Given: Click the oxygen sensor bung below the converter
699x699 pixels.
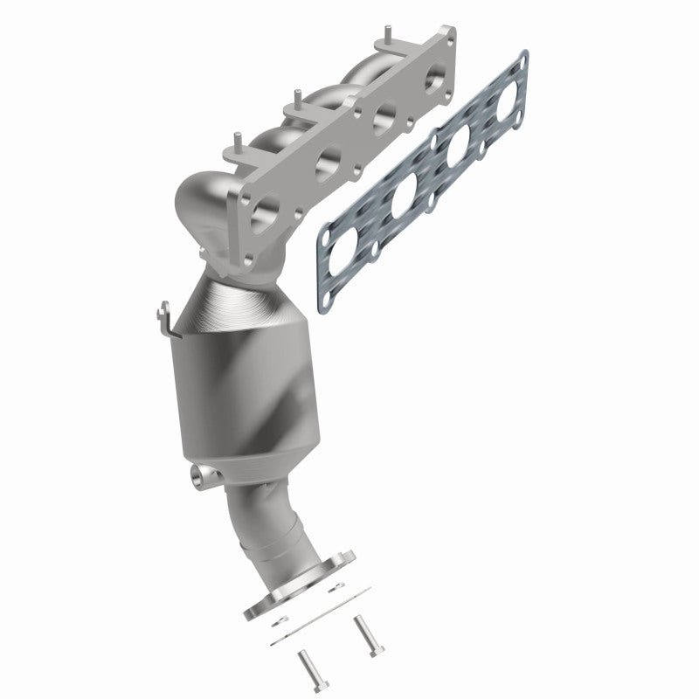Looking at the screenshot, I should tap(202, 476).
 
